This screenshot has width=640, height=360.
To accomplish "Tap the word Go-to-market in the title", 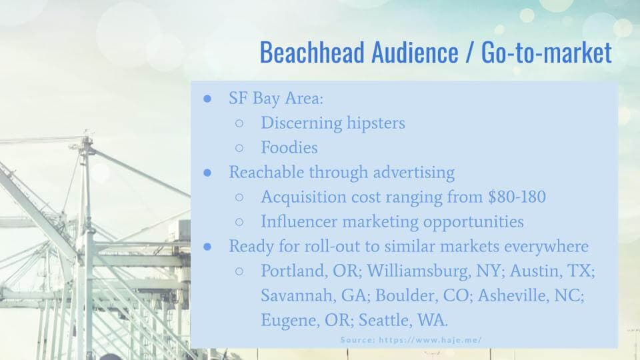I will (546, 52).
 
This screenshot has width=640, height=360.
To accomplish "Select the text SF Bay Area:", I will (276, 99).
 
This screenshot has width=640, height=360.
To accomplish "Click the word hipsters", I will (375, 123).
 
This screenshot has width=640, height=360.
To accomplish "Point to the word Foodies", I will (289, 147).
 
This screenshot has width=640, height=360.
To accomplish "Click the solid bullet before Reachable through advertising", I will (207, 172).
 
